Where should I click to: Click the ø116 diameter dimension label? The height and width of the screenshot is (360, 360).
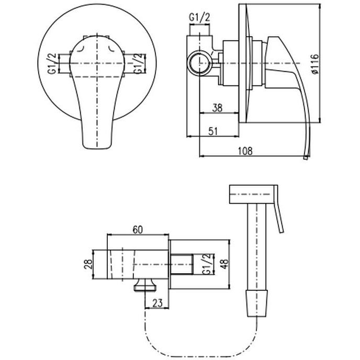[315, 64]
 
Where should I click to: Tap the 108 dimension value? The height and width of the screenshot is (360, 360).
[245, 151]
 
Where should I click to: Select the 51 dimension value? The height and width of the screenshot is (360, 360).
[213, 131]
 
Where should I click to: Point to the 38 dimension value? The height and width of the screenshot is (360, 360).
[218, 108]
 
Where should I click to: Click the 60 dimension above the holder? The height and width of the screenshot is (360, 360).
[138, 230]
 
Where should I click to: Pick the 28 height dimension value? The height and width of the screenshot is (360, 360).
[88, 264]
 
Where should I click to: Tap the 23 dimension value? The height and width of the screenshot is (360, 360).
[157, 303]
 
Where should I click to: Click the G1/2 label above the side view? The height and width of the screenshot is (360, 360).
[199, 17]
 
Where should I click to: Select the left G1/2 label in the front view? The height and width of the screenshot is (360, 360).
[52, 64]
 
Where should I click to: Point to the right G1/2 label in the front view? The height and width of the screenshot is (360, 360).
[139, 64]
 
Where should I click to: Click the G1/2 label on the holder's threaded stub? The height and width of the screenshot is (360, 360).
[206, 264]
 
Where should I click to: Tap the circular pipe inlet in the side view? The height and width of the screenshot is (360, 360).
[199, 63]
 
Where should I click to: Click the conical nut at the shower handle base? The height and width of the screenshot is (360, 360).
[257, 303]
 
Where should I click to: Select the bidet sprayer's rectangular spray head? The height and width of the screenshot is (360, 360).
[253, 194]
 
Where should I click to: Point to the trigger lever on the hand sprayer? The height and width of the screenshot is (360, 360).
[279, 218]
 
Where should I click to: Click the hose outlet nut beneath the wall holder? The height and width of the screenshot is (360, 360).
[145, 285]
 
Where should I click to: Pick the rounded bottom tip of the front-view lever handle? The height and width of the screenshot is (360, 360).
[97, 148]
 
